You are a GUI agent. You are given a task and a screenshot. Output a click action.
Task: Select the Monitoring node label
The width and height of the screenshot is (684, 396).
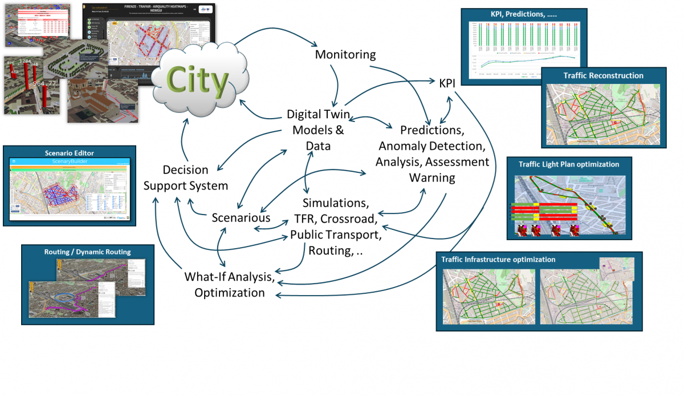coord(345,55)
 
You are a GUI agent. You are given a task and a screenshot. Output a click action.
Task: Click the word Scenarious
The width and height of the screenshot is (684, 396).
coord(241,218)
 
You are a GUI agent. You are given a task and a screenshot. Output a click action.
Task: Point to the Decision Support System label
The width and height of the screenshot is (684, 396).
coord(186,178)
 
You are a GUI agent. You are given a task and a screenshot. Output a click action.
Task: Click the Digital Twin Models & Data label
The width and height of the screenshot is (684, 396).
coord(318,130)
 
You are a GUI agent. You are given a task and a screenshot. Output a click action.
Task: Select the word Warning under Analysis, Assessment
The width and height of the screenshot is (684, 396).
coord(432,177)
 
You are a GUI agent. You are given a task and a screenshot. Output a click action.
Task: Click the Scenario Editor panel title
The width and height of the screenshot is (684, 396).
coord(69,152)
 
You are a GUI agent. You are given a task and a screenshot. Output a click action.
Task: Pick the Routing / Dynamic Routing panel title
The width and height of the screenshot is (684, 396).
coord(88,252)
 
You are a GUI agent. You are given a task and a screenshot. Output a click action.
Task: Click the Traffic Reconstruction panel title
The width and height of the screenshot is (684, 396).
coord(603,75)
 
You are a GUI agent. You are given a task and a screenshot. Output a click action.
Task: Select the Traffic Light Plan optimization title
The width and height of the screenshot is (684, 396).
coord(569,164)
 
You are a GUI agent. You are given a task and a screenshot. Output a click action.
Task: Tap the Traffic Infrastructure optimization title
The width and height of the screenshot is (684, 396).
coord(498,260)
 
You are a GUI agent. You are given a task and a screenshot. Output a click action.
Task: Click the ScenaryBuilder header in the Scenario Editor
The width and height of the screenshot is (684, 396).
coord(70,161)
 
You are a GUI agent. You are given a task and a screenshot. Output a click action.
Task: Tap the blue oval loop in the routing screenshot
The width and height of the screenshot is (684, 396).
coord(63,298)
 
